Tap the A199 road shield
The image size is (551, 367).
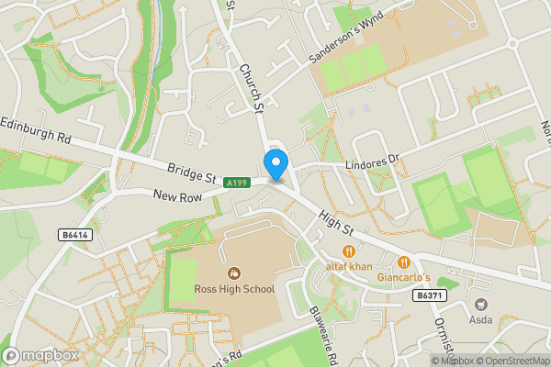(x=237, y=183)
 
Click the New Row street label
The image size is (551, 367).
(x=177, y=195)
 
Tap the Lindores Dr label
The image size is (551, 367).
(x=374, y=166)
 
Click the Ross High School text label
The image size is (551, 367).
(x=234, y=289)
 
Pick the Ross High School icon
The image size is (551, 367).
(x=234, y=272)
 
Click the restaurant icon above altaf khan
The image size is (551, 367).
(x=349, y=250)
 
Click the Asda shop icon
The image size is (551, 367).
(x=480, y=304)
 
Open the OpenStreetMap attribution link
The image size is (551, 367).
(x=509, y=361)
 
